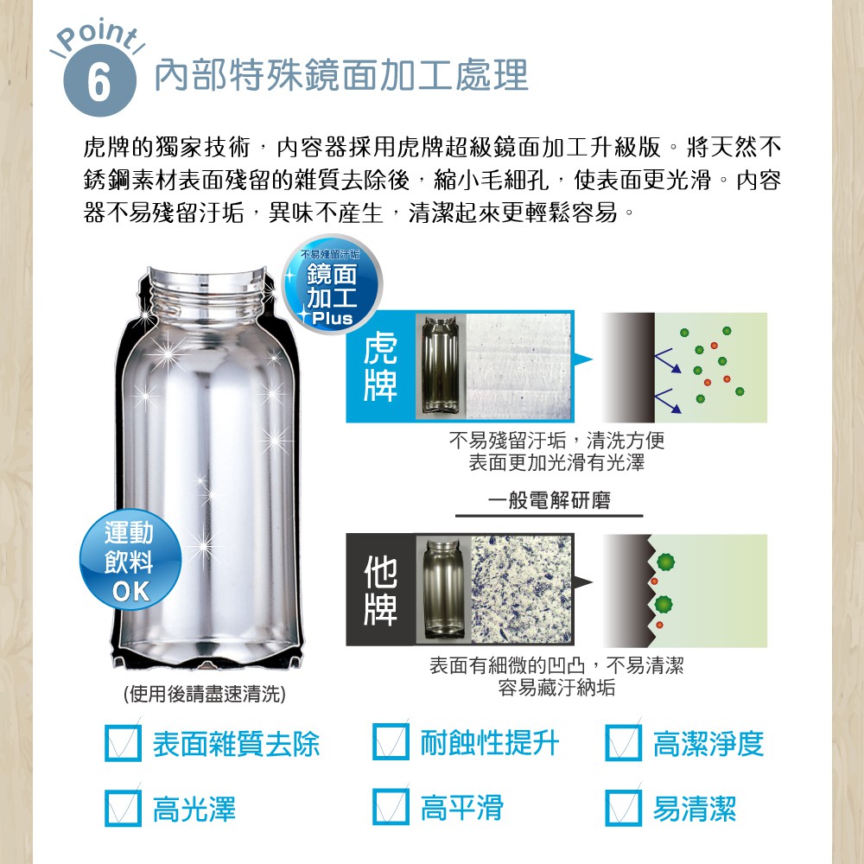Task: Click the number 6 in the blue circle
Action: tap(99, 82)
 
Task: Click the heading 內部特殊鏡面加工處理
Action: tap(341, 75)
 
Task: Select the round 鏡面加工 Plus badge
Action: tap(332, 284)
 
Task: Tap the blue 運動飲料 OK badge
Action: tap(130, 559)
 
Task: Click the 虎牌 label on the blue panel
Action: tap(380, 367)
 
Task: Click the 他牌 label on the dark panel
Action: tap(380, 589)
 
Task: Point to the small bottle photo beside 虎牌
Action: tap(441, 365)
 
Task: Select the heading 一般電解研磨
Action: tap(549, 500)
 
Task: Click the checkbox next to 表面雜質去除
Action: tap(123, 743)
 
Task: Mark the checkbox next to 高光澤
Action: tap(123, 808)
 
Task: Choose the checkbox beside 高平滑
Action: tap(391, 807)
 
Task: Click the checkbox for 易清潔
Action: tap(623, 808)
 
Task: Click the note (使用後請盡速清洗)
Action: tap(205, 694)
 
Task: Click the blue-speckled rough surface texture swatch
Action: tap(522, 588)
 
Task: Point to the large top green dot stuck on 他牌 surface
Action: tap(665, 562)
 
